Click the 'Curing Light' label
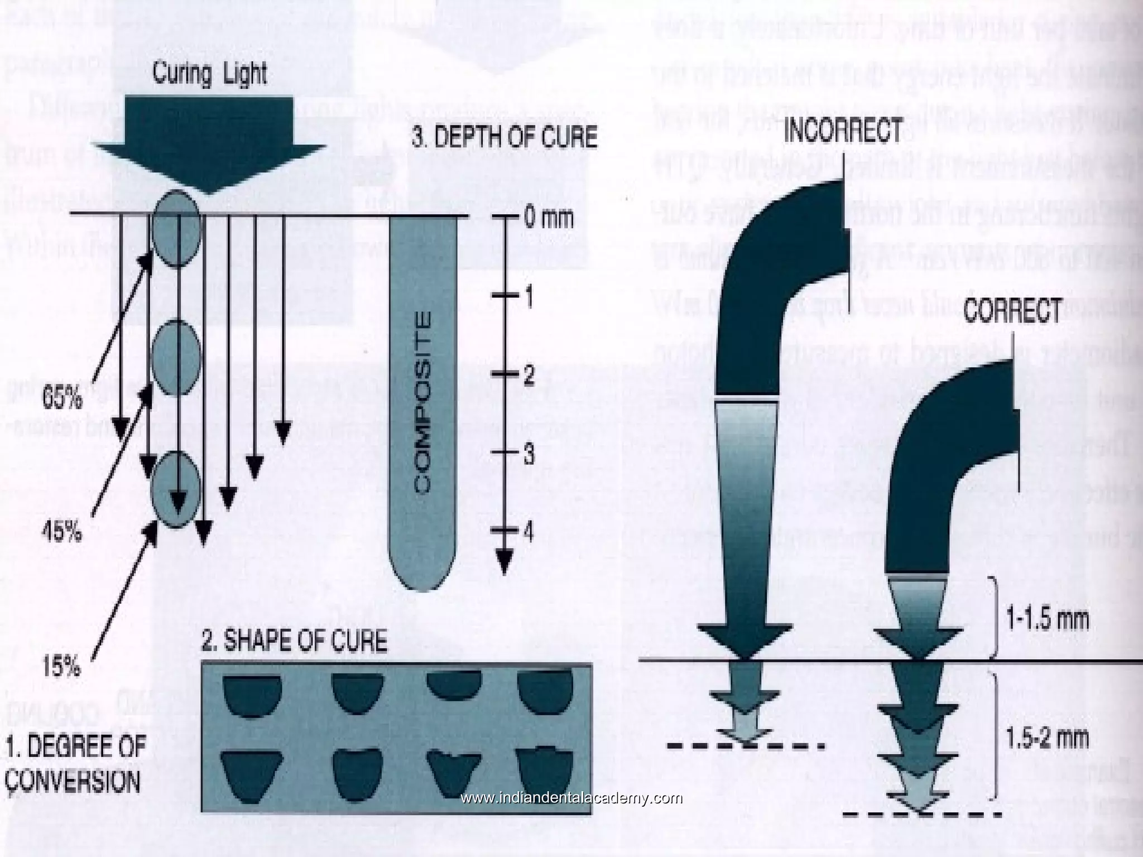pyautogui.click(x=210, y=75)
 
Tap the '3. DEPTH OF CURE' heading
pyautogui.click(x=504, y=137)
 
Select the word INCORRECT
pyautogui.click(x=843, y=131)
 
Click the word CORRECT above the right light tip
pyautogui.click(x=1012, y=310)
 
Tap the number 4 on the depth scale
pyautogui.click(x=528, y=531)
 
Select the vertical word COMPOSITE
pyautogui.click(x=424, y=402)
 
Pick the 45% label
pyautogui.click(x=61, y=534)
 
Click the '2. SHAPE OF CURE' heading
pyautogui.click(x=294, y=642)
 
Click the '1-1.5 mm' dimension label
pyautogui.click(x=1046, y=619)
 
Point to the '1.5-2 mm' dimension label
pyautogui.click(x=1046, y=739)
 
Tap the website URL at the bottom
pyautogui.click(x=571, y=798)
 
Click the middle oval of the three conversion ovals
pyautogui.click(x=176, y=357)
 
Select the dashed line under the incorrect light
pyautogui.click(x=745, y=746)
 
